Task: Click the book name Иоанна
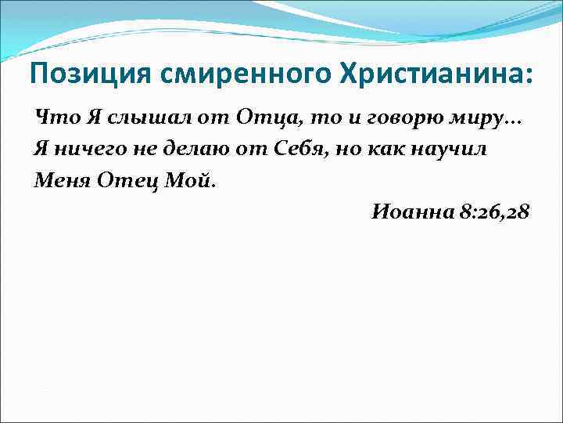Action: click(410, 211)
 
